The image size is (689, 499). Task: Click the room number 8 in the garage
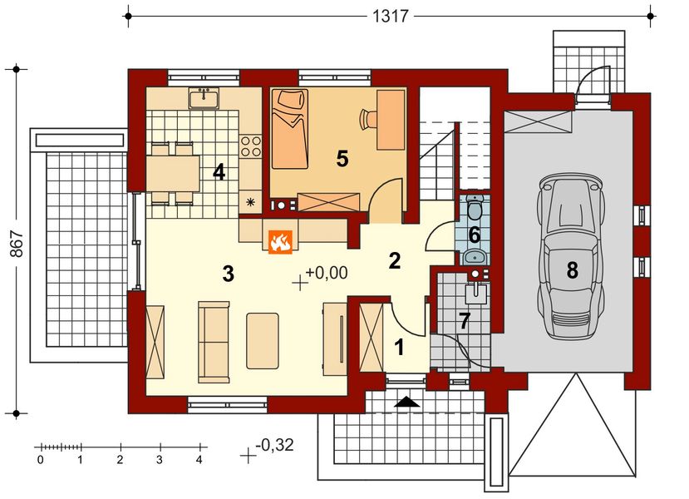571,269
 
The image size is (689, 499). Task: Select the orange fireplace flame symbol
280,241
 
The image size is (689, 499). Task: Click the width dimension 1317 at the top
390,15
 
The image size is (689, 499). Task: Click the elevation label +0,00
327,272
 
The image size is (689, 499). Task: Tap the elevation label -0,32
274,446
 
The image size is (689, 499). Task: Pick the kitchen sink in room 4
204,99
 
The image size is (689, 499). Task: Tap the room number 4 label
219,172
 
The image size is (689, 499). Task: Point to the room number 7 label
465,320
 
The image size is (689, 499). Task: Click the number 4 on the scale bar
199,458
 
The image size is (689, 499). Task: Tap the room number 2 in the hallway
395,260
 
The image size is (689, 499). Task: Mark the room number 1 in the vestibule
400,348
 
